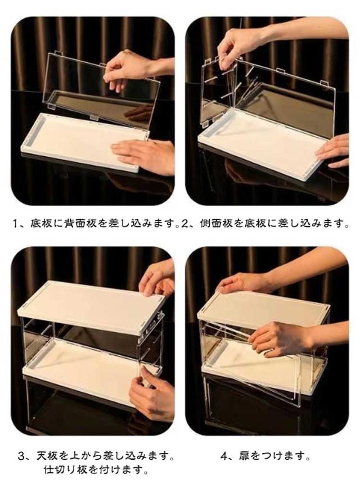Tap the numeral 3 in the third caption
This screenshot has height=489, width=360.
pos(21,457)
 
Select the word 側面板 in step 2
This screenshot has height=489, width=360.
pos(216,224)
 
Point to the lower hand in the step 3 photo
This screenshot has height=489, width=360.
pos(152,395)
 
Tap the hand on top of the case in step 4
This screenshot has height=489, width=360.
pos(244,282)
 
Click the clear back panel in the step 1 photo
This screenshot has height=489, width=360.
pos(103,87)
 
